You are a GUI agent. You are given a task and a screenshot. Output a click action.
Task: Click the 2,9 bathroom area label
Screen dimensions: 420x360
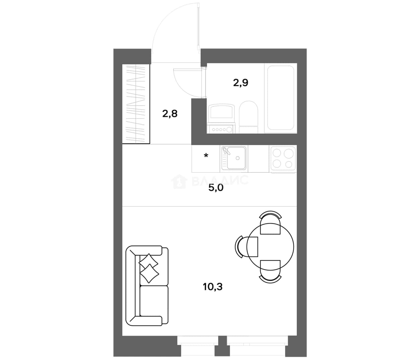[x=240, y=83]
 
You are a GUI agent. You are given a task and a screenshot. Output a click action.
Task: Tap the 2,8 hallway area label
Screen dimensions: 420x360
[x=170, y=114]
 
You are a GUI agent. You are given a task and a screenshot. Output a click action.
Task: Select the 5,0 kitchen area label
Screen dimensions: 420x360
[x=216, y=188]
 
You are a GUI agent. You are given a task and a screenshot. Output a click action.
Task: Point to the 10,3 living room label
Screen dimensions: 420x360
[x=213, y=287]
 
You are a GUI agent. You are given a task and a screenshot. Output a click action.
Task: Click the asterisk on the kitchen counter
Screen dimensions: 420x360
[x=206, y=156]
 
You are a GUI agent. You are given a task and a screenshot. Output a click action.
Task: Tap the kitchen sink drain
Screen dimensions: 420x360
[x=237, y=158]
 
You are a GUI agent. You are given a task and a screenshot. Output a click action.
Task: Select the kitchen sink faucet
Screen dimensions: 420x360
[x=225, y=151]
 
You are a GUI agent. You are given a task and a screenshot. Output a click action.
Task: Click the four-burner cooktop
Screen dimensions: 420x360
[x=283, y=159]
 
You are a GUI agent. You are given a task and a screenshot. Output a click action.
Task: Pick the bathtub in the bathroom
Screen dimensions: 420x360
[x=281, y=98]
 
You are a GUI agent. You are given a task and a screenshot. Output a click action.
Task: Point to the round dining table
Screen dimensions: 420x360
[x=270, y=247]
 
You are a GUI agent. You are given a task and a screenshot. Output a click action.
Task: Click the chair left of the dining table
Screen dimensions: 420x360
[x=247, y=247]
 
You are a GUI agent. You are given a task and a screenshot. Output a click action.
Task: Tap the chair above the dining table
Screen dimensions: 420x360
[x=270, y=223]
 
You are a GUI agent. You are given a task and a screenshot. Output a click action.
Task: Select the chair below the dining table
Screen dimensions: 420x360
[x=270, y=271]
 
